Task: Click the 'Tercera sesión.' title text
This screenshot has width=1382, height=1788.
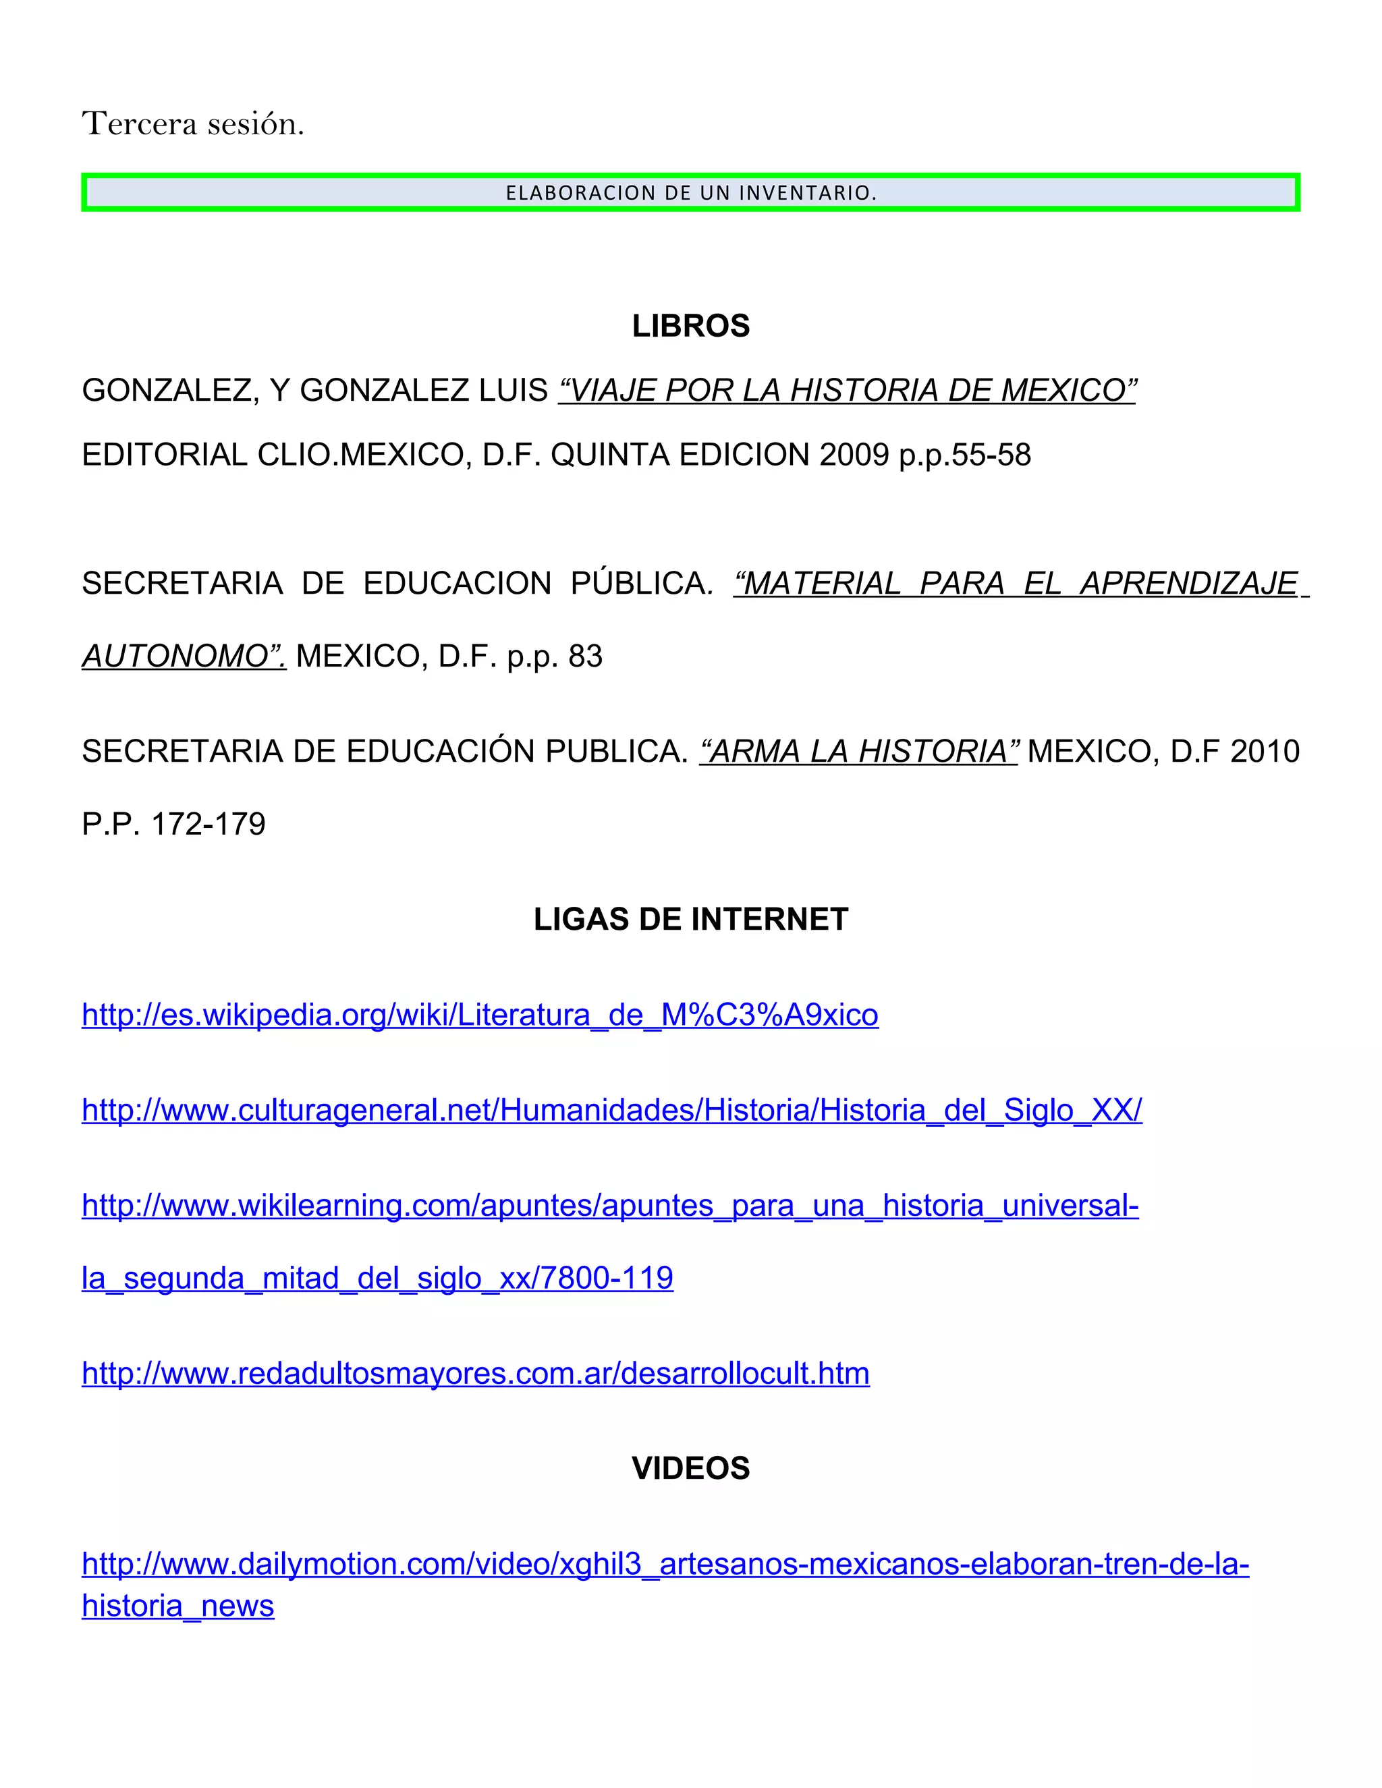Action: pos(193,124)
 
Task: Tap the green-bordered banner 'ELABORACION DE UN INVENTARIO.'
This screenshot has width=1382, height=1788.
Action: pos(690,193)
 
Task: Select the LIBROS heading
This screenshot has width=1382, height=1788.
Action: pos(690,326)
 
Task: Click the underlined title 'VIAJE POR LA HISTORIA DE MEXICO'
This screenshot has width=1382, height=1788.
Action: pos(848,391)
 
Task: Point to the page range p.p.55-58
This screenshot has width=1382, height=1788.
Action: pos(964,455)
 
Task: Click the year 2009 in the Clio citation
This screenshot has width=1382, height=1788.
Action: pos(854,455)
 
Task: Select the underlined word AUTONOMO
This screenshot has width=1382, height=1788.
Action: pos(184,656)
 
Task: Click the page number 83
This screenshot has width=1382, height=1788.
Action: pos(585,656)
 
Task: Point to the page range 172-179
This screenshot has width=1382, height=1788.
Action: pos(208,825)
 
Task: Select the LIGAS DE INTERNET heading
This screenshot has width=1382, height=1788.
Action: pos(690,920)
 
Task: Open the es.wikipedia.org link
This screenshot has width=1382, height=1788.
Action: pos(480,1015)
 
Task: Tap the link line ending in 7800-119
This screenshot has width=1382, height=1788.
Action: pos(377,1278)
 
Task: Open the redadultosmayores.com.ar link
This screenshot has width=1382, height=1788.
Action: pos(476,1374)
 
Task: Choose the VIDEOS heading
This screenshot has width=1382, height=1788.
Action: pos(690,1469)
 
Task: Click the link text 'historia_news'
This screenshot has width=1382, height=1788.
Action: pos(177,1607)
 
